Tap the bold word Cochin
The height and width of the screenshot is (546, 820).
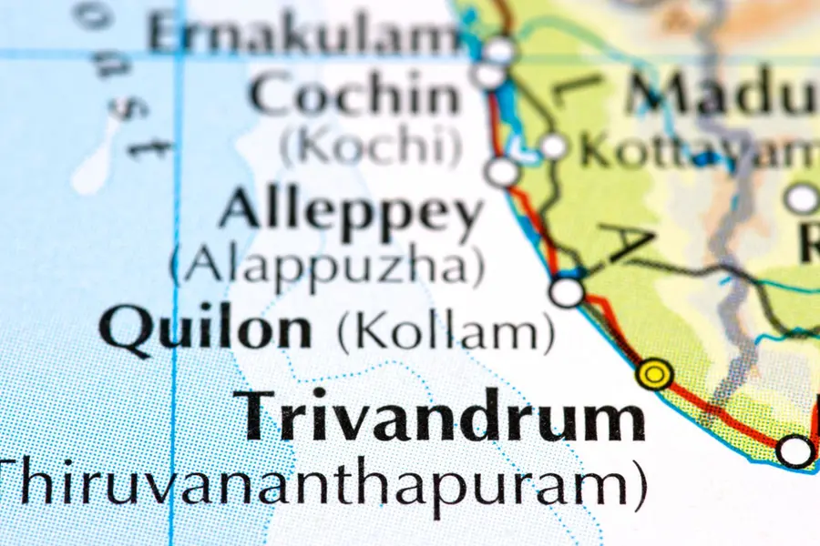(x=356, y=96)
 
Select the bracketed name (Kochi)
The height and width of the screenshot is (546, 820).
(x=369, y=146)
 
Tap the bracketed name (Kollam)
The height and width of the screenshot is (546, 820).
(x=446, y=333)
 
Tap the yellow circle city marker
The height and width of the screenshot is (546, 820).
(x=654, y=373)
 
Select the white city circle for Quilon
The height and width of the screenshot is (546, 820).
(x=568, y=292)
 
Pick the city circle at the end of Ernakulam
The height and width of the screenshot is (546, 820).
(x=499, y=49)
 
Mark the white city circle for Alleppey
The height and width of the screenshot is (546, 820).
(x=501, y=171)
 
